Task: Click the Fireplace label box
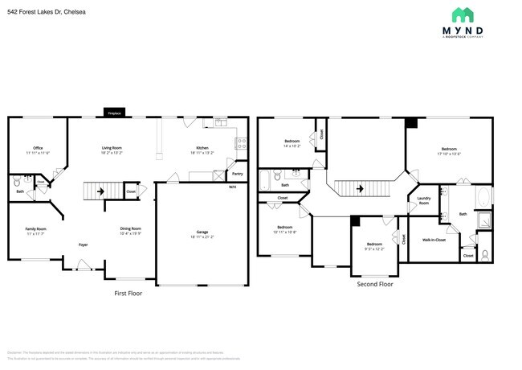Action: (115, 113)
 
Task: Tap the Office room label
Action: (38, 148)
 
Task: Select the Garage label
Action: (202, 232)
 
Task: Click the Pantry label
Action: (237, 173)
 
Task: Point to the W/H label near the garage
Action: (232, 187)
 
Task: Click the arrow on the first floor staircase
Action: (100, 191)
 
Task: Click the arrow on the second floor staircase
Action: (361, 188)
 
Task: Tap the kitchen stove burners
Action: (240, 143)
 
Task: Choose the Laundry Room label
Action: (423, 202)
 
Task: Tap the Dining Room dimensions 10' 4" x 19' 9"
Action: (131, 233)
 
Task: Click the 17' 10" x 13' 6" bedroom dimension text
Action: (449, 154)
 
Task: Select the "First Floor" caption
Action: (128, 293)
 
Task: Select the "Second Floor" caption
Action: (375, 284)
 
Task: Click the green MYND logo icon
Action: (462, 15)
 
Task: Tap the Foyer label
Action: (83, 244)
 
